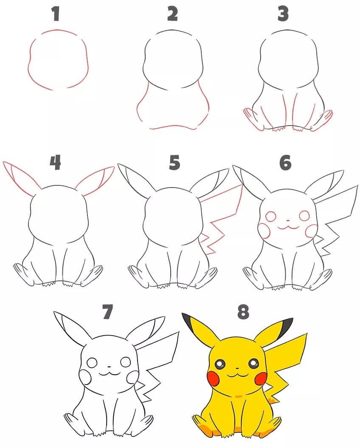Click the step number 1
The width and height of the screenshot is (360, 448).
pyautogui.click(x=55, y=14)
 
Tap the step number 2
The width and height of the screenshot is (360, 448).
pyautogui.click(x=172, y=14)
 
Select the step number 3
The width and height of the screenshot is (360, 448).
pyautogui.click(x=283, y=14)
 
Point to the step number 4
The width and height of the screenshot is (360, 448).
pyautogui.click(x=55, y=162)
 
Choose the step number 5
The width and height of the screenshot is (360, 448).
pyautogui.click(x=174, y=162)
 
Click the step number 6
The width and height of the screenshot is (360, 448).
pyautogui.click(x=285, y=162)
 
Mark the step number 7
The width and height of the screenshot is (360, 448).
pyautogui.click(x=107, y=312)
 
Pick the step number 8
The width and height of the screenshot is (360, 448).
pyautogui.click(x=242, y=312)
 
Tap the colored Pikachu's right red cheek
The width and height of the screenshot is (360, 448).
pyautogui.click(x=261, y=378)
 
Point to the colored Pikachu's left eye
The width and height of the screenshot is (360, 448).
pyautogui.click(x=221, y=364)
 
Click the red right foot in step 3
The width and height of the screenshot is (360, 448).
pyautogui.click(x=322, y=120)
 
